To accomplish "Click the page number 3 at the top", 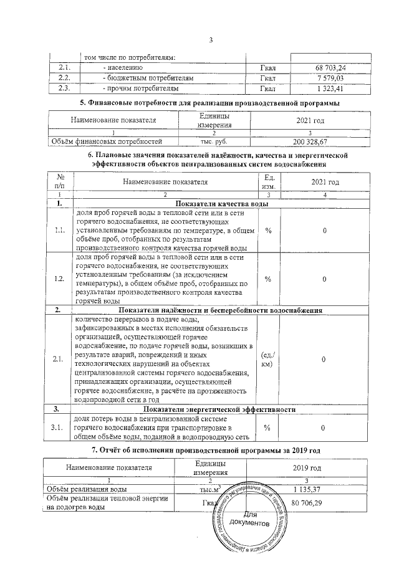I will pos(211,41).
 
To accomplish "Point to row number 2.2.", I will pos(64,78).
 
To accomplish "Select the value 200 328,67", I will pos(324,141).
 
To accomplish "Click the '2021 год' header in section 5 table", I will pos(324,120).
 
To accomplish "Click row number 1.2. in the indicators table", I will pos(60,279).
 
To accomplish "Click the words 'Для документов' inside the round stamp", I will pos(249,519).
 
